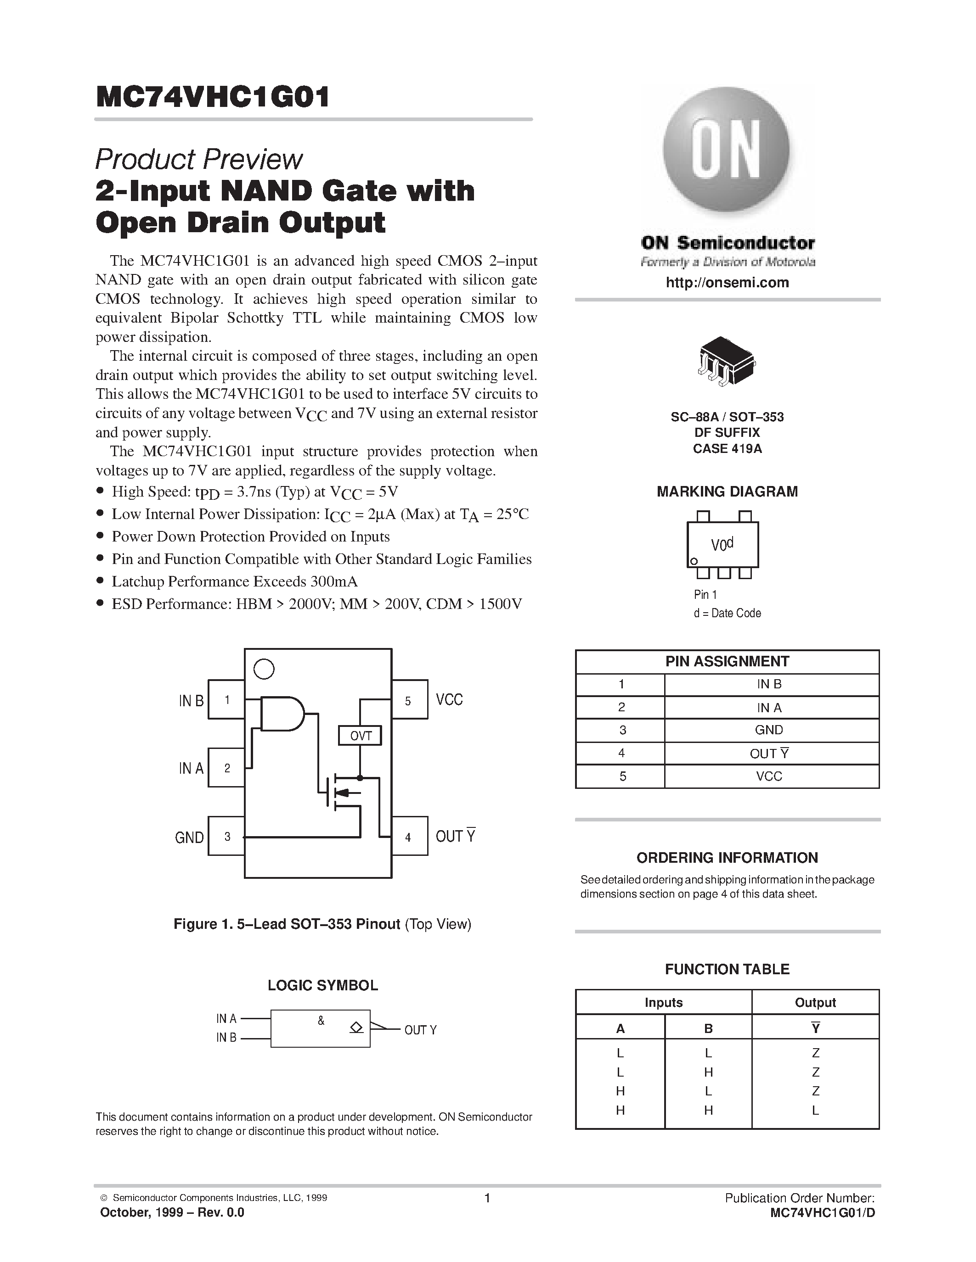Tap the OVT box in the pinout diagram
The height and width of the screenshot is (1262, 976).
[360, 736]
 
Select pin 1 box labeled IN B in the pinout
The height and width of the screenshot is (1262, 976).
[226, 700]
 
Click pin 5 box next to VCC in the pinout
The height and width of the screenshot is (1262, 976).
[409, 700]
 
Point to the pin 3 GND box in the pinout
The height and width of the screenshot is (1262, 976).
[226, 836]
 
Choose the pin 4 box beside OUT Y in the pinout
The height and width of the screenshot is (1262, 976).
[409, 836]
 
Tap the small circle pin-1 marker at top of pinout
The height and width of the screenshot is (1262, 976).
[264, 669]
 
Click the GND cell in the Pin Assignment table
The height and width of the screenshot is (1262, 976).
[768, 730]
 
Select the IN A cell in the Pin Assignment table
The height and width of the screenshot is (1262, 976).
[768, 707]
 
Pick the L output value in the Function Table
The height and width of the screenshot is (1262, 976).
[815, 1110]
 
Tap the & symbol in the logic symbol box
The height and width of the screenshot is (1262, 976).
[321, 1021]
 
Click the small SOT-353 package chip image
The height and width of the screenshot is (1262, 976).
[726, 361]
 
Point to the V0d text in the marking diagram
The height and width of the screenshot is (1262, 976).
[722, 544]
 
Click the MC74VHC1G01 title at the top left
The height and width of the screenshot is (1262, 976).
[213, 97]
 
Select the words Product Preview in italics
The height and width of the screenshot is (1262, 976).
[198, 160]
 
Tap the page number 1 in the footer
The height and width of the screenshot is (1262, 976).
[487, 1198]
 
